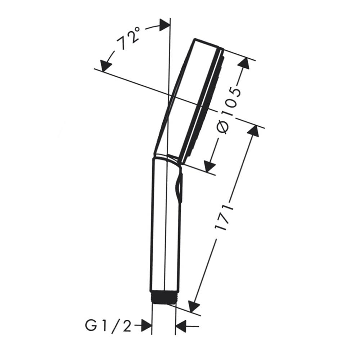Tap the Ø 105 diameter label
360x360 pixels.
229,110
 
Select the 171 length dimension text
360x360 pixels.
224,217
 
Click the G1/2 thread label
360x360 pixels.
108,326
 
